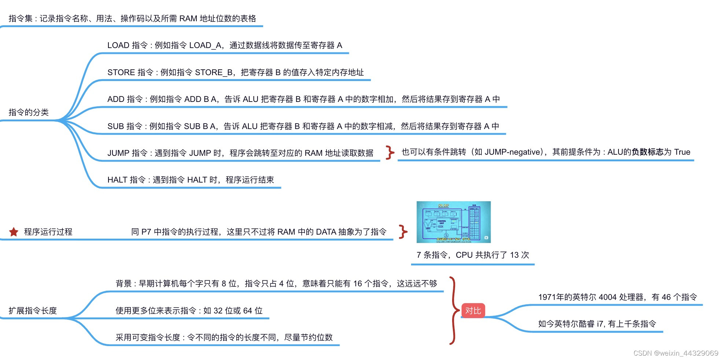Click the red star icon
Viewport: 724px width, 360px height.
tap(14, 232)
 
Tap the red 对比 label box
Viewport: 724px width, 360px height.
tap(473, 311)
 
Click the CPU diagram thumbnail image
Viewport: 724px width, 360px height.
tap(453, 222)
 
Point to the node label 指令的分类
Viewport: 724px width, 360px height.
tap(29, 112)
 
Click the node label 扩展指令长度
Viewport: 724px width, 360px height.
tap(33, 311)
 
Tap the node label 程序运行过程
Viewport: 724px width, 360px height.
tap(48, 232)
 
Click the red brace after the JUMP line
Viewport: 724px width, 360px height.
tap(390, 152)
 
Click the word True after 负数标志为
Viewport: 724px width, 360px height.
tap(682, 152)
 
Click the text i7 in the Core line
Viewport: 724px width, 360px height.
tap(600, 324)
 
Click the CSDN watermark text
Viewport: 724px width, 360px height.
tap(676, 353)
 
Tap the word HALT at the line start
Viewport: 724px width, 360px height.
tap(117, 180)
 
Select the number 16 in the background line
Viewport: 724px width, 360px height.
tap(358, 284)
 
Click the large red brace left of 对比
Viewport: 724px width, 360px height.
tap(454, 311)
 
